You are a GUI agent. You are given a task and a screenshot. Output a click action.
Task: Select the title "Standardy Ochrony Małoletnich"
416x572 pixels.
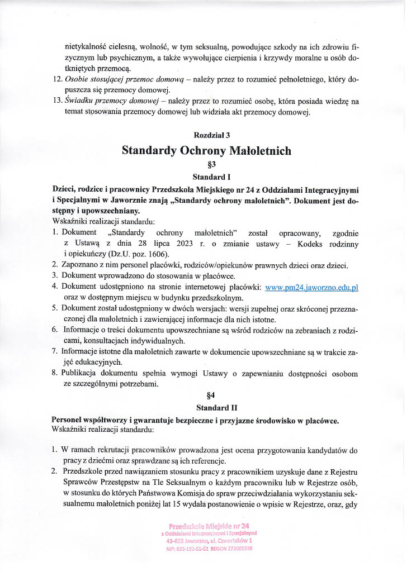tap(207, 150)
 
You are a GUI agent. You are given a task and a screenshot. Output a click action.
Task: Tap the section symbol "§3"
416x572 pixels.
tap(208, 165)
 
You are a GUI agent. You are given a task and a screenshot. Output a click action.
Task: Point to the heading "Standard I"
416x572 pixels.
tap(208, 177)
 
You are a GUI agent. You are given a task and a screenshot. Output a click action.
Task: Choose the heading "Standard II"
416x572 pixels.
tap(207, 408)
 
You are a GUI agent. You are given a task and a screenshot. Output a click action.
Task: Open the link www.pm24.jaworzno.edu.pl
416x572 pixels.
tap(311, 287)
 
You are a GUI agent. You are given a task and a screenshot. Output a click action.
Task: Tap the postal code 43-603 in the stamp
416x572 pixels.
tap(178, 541)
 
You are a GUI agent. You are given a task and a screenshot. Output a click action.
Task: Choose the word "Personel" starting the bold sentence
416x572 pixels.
tap(68, 420)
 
